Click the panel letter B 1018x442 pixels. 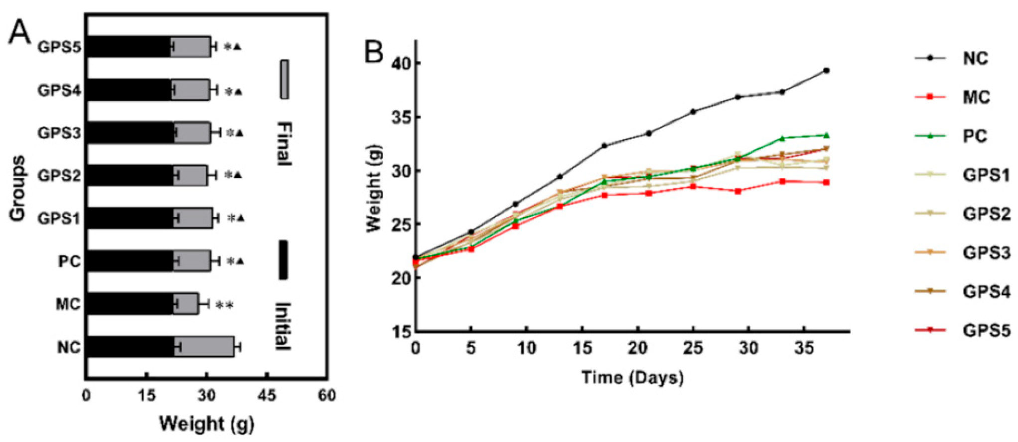[375, 51]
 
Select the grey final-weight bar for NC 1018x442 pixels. [204, 347]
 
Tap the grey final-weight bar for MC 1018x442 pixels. [185, 304]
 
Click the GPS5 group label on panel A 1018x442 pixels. [59, 47]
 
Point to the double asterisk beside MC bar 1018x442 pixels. [224, 305]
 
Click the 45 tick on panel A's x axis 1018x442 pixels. [267, 396]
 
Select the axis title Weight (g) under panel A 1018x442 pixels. [206, 424]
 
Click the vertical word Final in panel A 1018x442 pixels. [284, 144]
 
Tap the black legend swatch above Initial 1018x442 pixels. [283, 260]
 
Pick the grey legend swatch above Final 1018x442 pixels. [285, 80]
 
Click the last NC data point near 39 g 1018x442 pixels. [826, 70]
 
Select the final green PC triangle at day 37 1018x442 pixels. [826, 135]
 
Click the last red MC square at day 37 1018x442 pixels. [826, 183]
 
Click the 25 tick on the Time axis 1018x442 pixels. [693, 348]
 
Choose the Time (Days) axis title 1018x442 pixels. [632, 377]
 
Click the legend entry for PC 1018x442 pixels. [974, 136]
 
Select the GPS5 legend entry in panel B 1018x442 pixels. [986, 330]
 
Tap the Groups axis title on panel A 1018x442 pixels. [17, 188]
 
